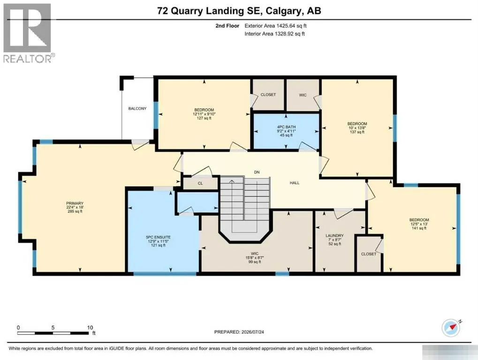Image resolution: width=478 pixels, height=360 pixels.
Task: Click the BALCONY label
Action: (137, 108)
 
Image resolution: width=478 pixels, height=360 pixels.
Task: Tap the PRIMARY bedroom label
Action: (75, 203)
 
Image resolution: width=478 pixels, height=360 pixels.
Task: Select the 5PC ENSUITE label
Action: (158, 237)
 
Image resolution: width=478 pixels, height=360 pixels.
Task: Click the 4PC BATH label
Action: (286, 127)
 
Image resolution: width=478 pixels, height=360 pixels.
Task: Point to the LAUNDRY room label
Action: (334, 236)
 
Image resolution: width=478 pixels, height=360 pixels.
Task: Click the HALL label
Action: (295, 183)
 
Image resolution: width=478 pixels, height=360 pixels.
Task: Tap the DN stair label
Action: (257, 172)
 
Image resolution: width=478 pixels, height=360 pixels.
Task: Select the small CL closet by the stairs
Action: (200, 183)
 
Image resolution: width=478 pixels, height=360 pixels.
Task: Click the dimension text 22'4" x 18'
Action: (75, 207)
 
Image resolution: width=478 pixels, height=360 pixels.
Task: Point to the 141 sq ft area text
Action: (419, 228)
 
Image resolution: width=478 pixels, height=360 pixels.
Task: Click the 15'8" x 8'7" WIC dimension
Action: (255, 258)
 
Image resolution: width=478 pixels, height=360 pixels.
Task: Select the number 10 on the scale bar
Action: (90, 328)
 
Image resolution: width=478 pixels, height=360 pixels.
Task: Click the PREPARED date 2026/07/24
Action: (252, 332)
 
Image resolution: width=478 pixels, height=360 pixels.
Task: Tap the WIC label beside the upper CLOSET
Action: (303, 95)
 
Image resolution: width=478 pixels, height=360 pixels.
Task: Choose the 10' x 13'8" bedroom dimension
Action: (357, 128)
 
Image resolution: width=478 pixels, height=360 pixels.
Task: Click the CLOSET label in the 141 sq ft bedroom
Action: (369, 254)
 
